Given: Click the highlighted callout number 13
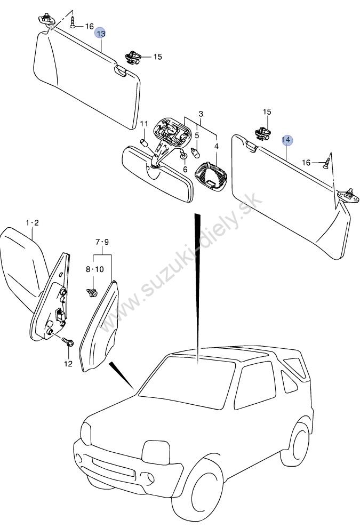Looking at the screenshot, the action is point(101,34).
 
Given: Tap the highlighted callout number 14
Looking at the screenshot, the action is point(287,140).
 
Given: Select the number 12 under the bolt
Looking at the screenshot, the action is point(68,364).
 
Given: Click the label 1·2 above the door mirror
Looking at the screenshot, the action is point(33,222).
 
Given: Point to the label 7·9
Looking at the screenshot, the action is point(102,242).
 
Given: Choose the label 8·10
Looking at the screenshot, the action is point(94,269).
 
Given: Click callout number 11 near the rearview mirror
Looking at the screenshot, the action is point(144,124).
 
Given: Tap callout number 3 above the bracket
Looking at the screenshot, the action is point(201,114).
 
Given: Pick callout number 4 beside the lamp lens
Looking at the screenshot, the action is point(217,146).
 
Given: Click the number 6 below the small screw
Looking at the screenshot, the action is point(185,170).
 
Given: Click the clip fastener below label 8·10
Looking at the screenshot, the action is point(92,292).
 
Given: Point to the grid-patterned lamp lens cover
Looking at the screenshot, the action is point(211,176).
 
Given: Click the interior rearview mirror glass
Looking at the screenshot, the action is point(158,173).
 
